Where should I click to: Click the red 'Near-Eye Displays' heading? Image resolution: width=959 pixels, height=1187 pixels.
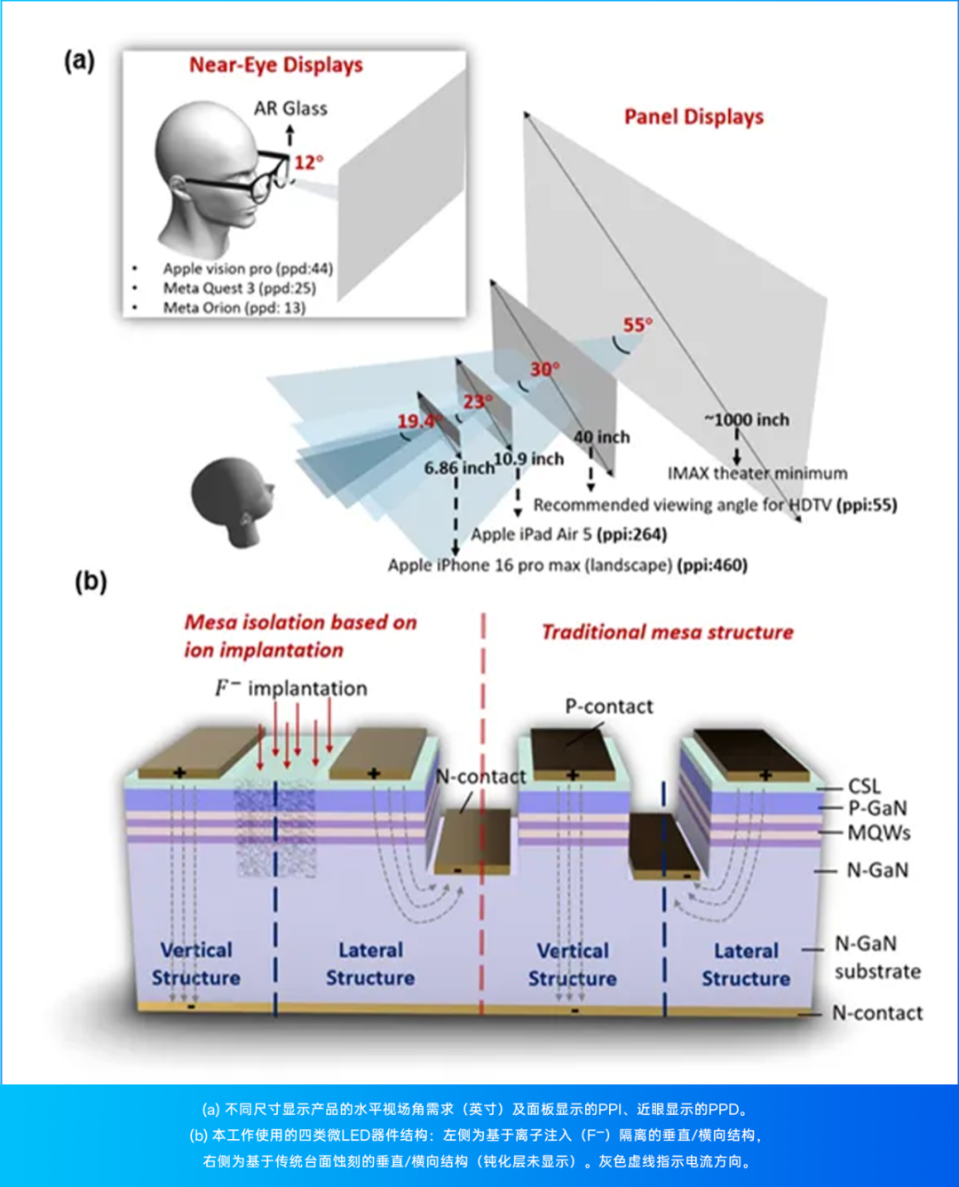[x=275, y=65]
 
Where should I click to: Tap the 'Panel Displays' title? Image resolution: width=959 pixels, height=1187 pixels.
[x=693, y=117]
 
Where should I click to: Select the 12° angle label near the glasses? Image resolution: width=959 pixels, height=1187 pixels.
[x=309, y=162]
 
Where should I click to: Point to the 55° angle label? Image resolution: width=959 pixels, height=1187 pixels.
[x=638, y=325]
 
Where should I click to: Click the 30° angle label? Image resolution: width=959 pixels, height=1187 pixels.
[x=544, y=369]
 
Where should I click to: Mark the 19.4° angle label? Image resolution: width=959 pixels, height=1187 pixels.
[x=417, y=421]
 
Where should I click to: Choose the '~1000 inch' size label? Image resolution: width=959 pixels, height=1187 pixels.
[x=747, y=420]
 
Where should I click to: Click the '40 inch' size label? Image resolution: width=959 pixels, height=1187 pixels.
[x=601, y=437]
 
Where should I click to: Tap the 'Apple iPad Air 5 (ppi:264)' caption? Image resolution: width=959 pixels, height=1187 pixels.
[x=568, y=534]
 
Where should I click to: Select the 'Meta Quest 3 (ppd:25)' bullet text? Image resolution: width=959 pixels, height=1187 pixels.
[x=239, y=288]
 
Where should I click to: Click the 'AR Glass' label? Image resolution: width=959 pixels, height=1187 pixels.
[x=290, y=108]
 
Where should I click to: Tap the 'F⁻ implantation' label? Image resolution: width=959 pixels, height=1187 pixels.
[x=290, y=688]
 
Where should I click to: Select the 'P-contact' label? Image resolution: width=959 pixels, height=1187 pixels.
[x=609, y=707]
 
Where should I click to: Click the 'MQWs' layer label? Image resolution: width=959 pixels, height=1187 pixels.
[x=878, y=833]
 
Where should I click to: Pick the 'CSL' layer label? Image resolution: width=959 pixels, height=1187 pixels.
[x=864, y=787]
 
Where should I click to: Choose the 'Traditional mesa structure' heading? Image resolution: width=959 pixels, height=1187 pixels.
[x=667, y=632]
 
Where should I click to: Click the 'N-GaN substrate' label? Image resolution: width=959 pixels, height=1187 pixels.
[x=876, y=957]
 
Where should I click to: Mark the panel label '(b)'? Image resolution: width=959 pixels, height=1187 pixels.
[x=91, y=582]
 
